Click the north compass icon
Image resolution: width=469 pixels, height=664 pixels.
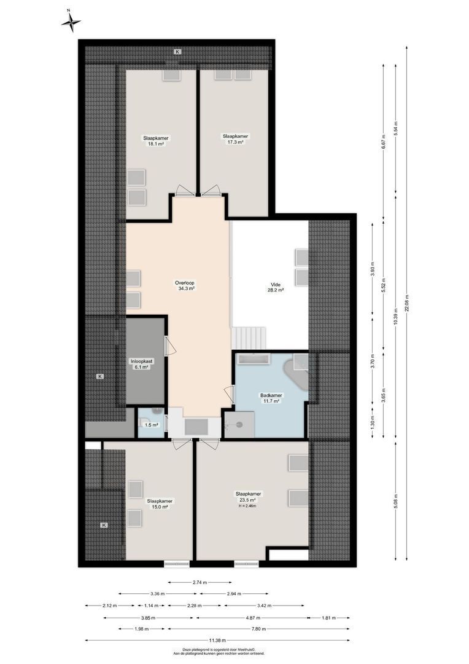[x=71, y=22]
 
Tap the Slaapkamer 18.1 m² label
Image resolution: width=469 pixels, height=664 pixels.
[x=155, y=141]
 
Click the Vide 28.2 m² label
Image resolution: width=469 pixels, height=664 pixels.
[x=276, y=288]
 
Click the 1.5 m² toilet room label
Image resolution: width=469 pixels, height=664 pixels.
[x=151, y=425]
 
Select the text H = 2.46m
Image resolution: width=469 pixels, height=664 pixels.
[x=248, y=507]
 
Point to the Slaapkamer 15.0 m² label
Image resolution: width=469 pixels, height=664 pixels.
[x=160, y=504]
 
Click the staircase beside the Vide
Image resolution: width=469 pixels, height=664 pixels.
[x=250, y=338]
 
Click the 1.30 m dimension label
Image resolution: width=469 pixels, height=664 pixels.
[x=373, y=424]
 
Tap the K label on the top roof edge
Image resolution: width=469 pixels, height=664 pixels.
[x=177, y=52]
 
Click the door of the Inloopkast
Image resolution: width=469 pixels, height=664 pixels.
[x=169, y=346]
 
